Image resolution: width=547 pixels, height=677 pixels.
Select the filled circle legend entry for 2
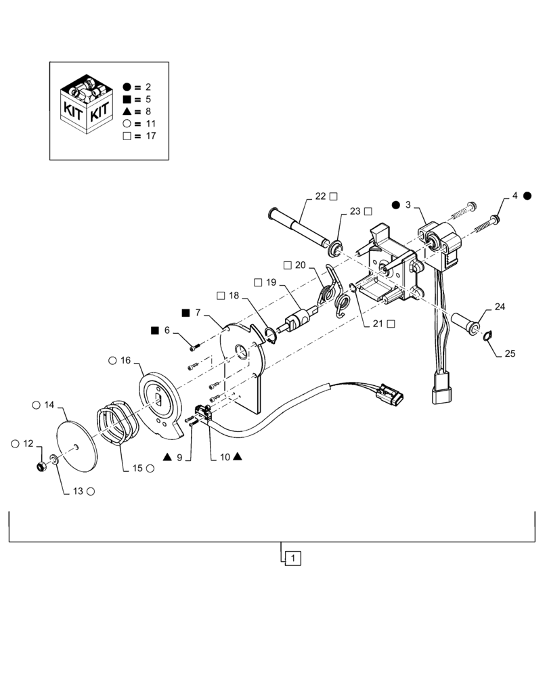point(127,87)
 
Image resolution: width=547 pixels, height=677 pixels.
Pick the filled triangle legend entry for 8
point(127,111)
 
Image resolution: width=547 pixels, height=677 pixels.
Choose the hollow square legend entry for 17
point(127,135)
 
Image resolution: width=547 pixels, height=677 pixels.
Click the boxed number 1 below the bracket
point(292,558)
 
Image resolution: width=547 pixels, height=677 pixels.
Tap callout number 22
point(320,196)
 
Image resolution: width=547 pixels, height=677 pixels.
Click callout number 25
point(510,353)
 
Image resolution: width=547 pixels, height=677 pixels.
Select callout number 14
point(49,405)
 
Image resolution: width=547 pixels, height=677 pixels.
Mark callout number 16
point(125,361)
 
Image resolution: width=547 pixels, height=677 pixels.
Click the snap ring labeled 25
point(487,334)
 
